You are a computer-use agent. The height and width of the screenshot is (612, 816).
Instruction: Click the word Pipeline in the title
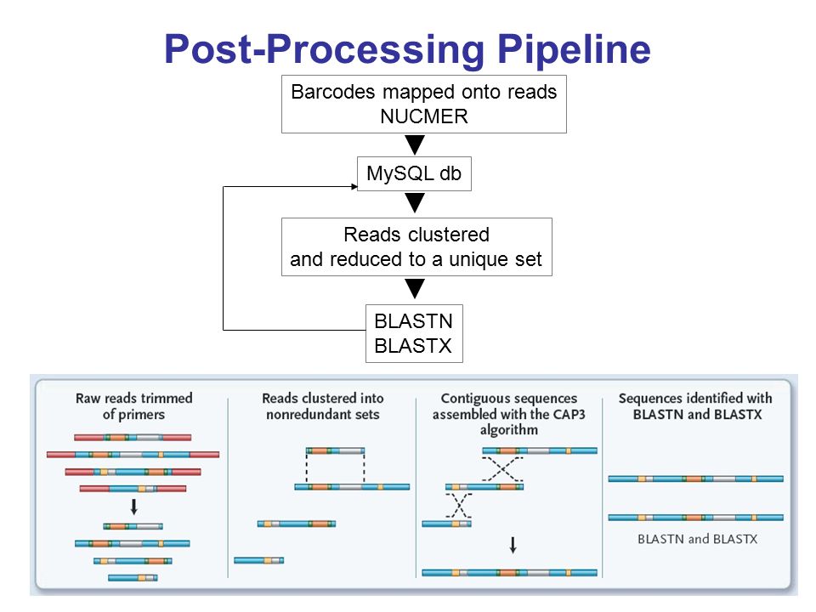(574, 50)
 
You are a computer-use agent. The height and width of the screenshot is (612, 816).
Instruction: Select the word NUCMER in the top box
(424, 116)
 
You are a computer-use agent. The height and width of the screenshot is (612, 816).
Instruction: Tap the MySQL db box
(414, 173)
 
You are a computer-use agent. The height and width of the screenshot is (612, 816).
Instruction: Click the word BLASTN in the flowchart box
(414, 321)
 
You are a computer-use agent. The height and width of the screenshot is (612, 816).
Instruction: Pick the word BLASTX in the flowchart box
(413, 346)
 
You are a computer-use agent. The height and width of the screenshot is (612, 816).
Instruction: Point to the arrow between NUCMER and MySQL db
(415, 144)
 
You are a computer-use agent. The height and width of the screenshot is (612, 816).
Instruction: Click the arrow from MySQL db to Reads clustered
(415, 202)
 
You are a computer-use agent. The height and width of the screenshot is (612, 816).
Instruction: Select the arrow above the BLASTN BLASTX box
(415, 288)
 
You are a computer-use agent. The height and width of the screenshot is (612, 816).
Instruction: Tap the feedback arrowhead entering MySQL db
(354, 186)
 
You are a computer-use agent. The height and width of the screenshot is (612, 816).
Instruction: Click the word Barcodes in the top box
(333, 92)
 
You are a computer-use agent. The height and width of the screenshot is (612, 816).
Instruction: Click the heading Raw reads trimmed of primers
(133, 406)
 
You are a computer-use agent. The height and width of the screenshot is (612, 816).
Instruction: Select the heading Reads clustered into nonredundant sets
(323, 406)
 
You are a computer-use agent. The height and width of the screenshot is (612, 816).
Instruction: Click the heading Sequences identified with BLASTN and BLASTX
(696, 406)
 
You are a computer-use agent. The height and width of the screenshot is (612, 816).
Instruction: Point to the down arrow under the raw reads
(133, 507)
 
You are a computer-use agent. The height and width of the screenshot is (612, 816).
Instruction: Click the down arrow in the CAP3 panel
(513, 545)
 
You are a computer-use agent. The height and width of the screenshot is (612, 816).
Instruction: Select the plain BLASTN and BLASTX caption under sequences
(697, 539)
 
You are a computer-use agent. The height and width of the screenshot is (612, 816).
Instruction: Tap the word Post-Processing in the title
(324, 50)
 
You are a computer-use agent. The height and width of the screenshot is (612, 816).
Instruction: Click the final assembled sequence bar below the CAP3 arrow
(509, 572)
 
